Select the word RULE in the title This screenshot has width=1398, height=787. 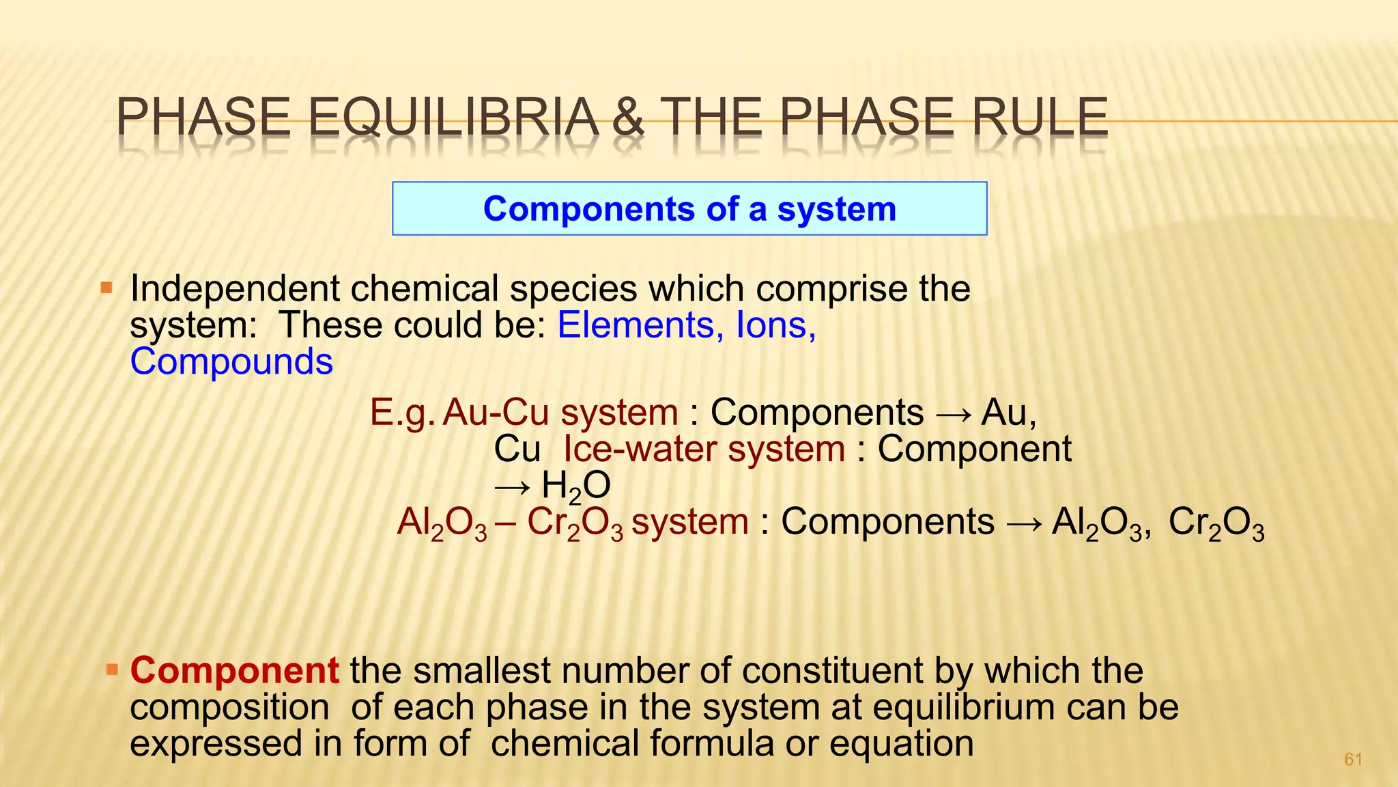(1039, 118)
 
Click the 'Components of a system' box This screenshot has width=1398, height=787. (689, 208)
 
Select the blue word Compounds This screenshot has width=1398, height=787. (231, 361)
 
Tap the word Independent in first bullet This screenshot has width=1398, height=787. (234, 289)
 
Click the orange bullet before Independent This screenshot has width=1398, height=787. (106, 288)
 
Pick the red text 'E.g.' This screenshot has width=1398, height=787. (402, 413)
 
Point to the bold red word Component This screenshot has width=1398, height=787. (234, 670)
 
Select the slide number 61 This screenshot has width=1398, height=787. (1353, 759)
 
